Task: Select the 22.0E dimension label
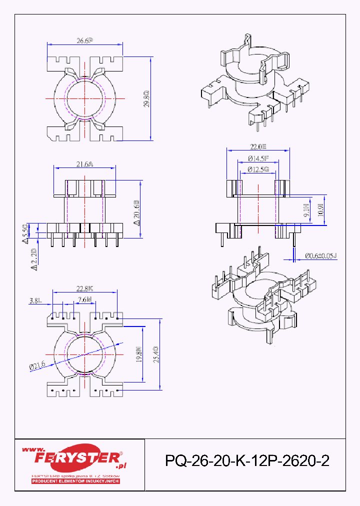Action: click(258, 146)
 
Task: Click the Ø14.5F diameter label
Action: click(258, 158)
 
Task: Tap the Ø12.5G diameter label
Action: click(258, 169)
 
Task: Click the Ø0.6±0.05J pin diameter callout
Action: click(321, 256)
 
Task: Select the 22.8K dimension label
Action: click(85, 288)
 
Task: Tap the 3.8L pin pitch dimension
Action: click(35, 300)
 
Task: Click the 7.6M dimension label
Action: click(84, 300)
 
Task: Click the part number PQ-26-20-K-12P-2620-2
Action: click(247, 461)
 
